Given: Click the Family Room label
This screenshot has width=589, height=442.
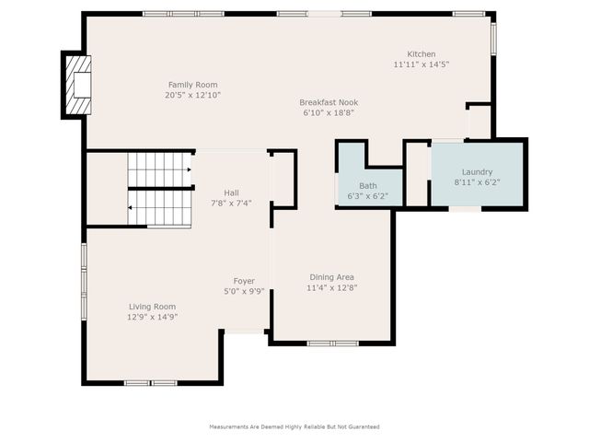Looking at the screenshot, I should pyautogui.click(x=192, y=85).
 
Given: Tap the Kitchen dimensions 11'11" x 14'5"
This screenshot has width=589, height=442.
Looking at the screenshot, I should pyautogui.click(x=422, y=65).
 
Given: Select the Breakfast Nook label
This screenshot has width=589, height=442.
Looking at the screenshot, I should pyautogui.click(x=329, y=102).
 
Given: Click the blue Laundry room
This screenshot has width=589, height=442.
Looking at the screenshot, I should pyautogui.click(x=478, y=175).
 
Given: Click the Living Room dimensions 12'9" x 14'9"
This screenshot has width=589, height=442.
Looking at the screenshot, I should pyautogui.click(x=152, y=317).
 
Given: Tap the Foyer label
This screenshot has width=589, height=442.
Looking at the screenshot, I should pyautogui.click(x=244, y=281).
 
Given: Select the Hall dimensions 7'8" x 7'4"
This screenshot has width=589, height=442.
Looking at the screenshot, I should pyautogui.click(x=231, y=204).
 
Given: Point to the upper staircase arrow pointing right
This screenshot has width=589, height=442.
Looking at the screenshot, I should pyautogui.click(x=188, y=169).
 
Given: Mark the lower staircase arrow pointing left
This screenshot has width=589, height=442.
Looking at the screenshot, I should pyautogui.click(x=131, y=207).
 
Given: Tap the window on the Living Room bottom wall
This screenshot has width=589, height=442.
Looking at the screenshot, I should pyautogui.click(x=151, y=382).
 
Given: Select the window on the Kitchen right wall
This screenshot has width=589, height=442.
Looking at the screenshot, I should pyautogui.click(x=493, y=37).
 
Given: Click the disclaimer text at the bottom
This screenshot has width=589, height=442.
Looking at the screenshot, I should pyautogui.click(x=294, y=427).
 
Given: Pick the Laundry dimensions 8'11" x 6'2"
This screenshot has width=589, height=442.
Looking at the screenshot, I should pyautogui.click(x=473, y=183).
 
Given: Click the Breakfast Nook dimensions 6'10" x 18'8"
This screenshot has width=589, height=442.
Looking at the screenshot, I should pyautogui.click(x=329, y=112).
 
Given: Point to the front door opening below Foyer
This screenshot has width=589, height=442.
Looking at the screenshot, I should pyautogui.click(x=245, y=331).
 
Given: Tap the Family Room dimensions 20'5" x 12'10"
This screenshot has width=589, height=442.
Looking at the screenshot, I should pyautogui.click(x=192, y=95).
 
